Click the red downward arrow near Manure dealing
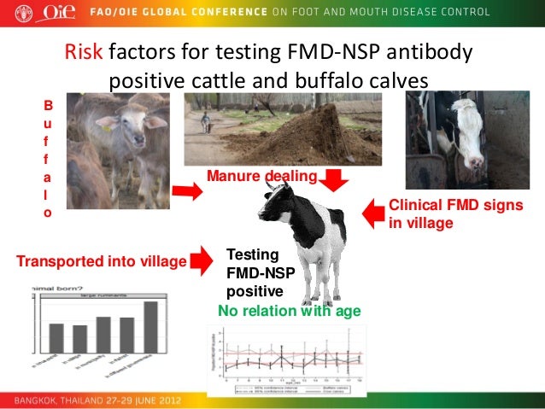click(x=333, y=180)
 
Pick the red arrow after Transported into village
click(x=202, y=258)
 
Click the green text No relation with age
click(x=289, y=311)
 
